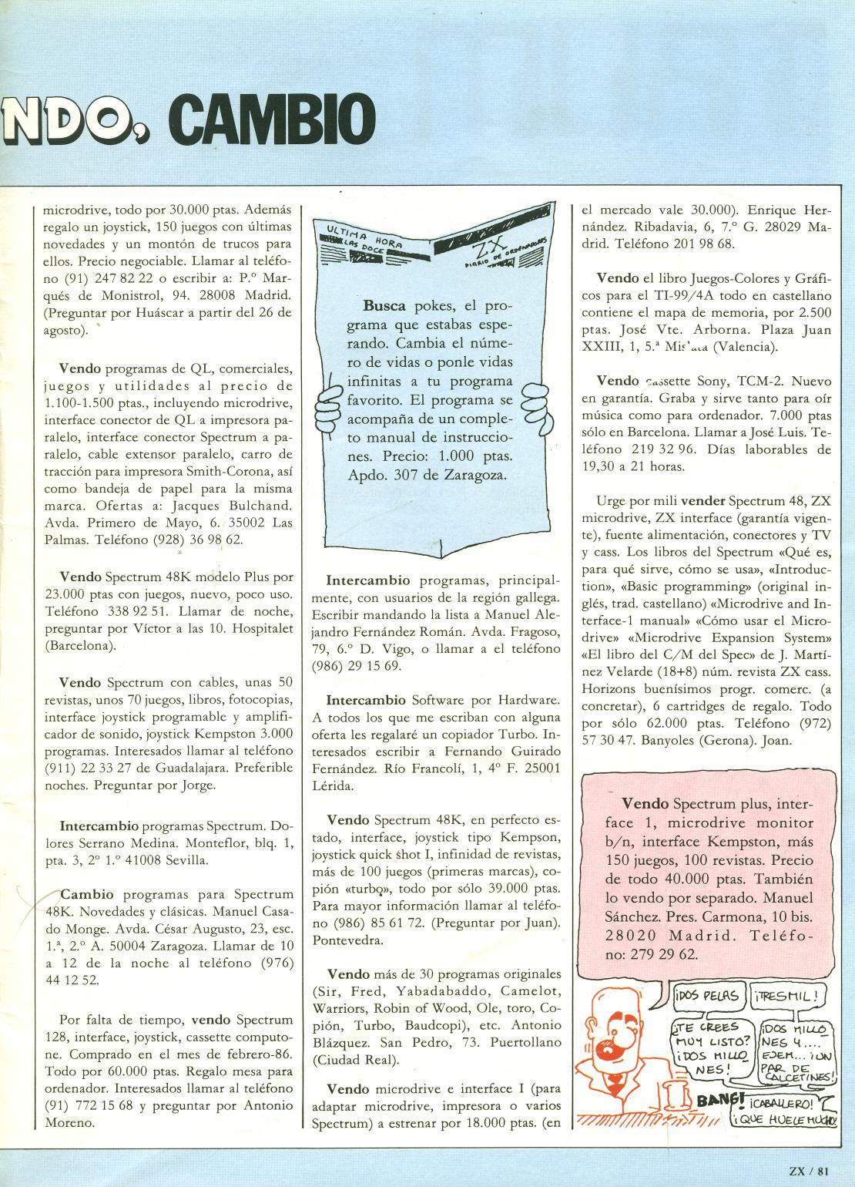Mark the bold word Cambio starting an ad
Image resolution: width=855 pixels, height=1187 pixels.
[x=87, y=895]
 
